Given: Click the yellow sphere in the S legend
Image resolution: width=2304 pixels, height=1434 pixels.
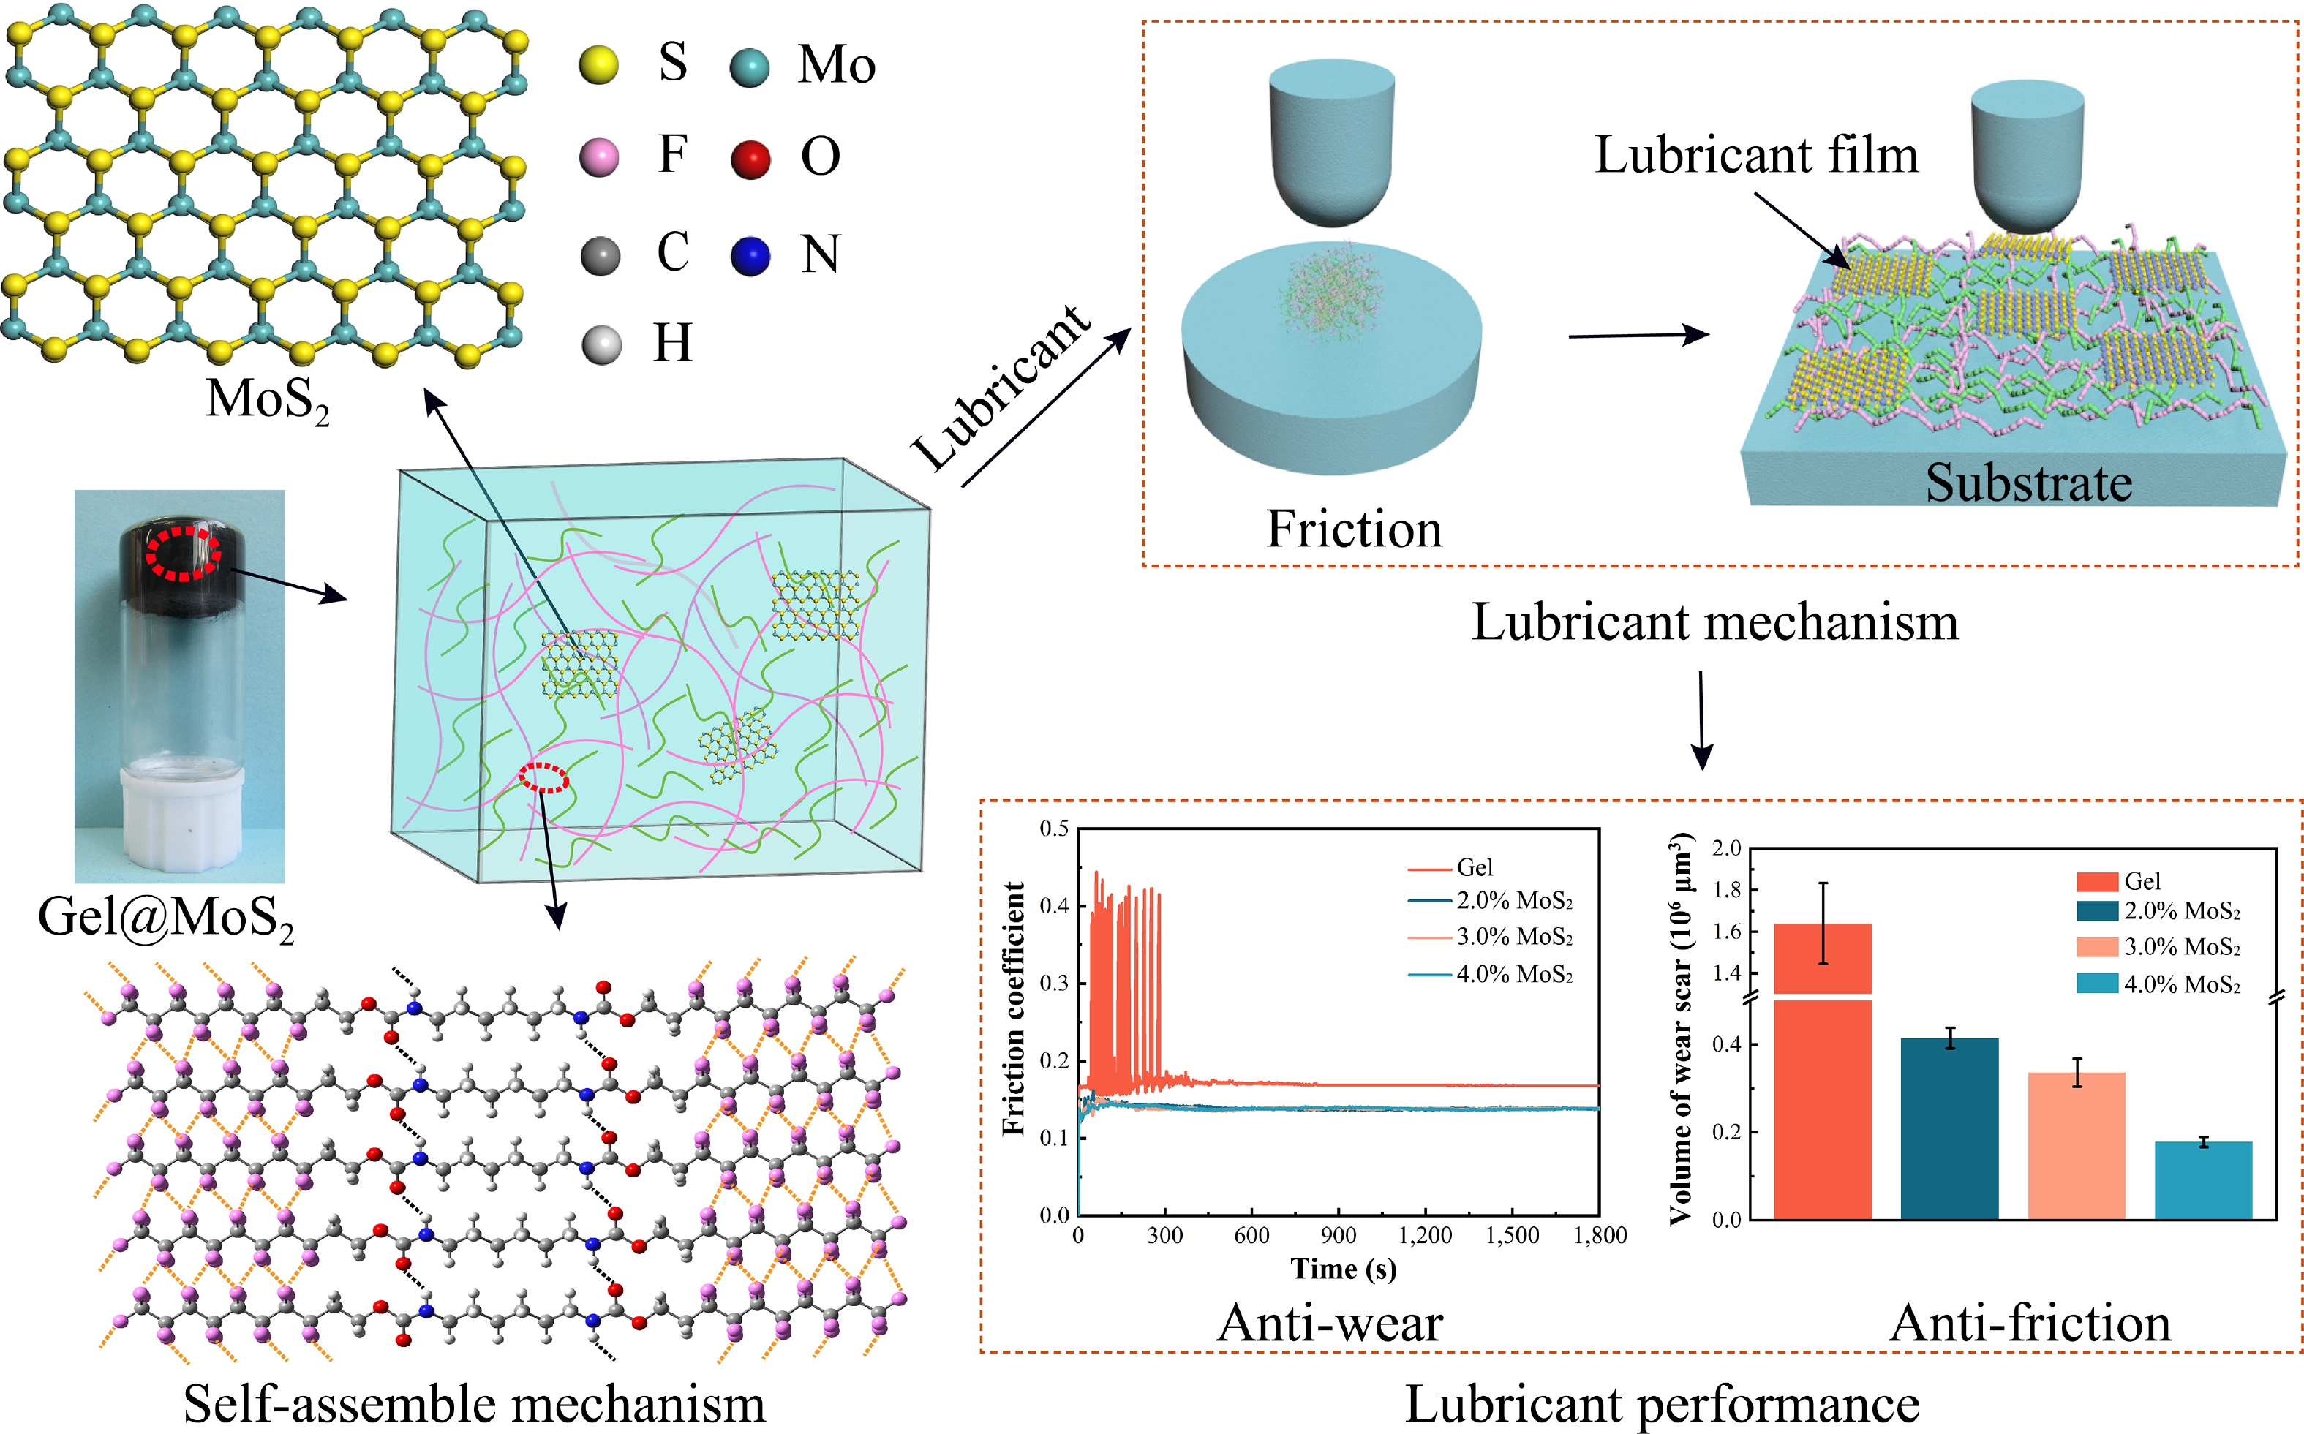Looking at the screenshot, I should pos(598,65).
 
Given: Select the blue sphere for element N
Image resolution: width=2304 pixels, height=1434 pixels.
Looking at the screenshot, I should pos(750,255).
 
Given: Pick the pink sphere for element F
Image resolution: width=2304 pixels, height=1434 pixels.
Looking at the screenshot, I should pos(598,157).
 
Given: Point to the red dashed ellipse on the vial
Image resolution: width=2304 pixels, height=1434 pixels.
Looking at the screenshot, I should pos(183,554).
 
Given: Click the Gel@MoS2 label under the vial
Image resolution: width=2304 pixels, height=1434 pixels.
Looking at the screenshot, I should pos(165,918).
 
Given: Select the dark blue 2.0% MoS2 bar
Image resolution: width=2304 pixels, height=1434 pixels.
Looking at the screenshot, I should pos(1949,1128).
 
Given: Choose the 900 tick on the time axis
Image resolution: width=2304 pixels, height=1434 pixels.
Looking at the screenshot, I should pos(1338,1236).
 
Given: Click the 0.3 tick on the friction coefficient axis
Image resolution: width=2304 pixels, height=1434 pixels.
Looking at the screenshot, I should pos(1054,984).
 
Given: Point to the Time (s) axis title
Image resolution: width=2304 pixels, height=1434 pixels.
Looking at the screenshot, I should pos(1342,1269).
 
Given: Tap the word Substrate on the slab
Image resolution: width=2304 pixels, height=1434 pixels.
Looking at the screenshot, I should pos(2028,483).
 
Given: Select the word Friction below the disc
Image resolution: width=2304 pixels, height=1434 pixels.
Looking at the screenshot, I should pos(1354,529).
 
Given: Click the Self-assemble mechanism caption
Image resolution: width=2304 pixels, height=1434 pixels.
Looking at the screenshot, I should pos(473,1403).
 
